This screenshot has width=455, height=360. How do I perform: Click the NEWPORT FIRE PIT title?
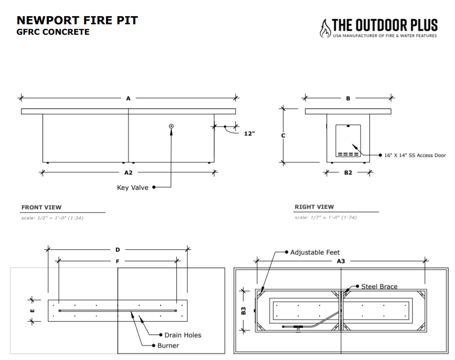pos(77,20)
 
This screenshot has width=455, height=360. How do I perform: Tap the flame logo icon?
pos(325,29)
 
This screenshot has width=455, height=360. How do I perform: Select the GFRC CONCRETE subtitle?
pos(53,32)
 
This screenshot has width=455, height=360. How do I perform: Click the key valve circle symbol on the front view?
pos(171,126)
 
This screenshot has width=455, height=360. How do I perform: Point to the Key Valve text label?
pos(133,187)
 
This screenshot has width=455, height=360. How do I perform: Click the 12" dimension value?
pos(250,134)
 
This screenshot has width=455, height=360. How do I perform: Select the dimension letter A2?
pos(128,173)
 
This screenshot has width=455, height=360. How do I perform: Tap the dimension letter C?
pos(283,136)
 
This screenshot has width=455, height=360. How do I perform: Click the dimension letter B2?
pos(349,173)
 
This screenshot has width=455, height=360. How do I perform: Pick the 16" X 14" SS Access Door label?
pos(415,155)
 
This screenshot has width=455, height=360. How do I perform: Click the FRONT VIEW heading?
pos(41,207)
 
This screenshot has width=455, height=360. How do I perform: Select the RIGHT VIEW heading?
pos(314,207)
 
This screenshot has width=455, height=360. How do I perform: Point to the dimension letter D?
pos(117,249)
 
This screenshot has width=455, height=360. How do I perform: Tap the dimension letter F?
pos(117,261)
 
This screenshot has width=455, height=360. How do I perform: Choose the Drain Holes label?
pos(183,335)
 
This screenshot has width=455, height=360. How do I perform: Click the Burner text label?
pos(168,346)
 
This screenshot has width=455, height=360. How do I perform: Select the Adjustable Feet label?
pos(315,252)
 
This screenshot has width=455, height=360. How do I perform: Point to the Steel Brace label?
pos(379,286)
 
